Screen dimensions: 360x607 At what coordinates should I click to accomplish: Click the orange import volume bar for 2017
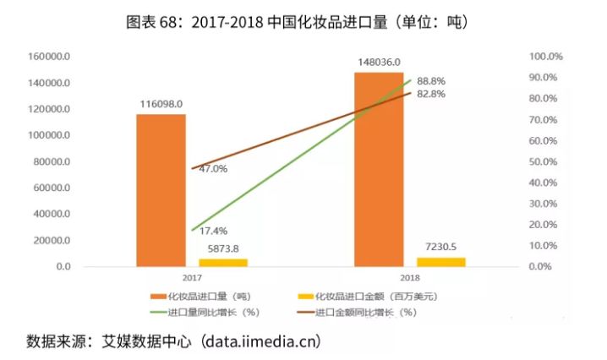(x=161, y=190)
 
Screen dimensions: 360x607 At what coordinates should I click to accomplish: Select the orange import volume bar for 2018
(x=378, y=169)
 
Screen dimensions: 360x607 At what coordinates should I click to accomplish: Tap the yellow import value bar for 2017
(x=223, y=262)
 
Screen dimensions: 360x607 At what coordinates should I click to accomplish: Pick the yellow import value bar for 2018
(x=440, y=261)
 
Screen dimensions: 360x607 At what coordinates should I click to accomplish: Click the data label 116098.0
(x=161, y=104)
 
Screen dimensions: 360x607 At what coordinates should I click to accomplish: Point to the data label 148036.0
(x=378, y=62)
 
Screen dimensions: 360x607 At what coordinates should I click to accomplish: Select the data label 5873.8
(x=223, y=248)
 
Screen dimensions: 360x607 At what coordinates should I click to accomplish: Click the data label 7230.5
(x=440, y=246)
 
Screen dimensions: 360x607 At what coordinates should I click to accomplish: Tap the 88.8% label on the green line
(x=430, y=81)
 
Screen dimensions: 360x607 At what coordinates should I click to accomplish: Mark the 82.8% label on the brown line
(x=430, y=94)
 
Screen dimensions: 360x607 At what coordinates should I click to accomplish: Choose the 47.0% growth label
(x=212, y=169)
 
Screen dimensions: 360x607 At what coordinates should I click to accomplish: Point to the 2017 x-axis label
(x=191, y=277)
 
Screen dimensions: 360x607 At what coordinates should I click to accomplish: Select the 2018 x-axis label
(x=408, y=277)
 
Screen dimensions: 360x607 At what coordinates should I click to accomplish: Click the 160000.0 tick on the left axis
(x=48, y=57)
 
